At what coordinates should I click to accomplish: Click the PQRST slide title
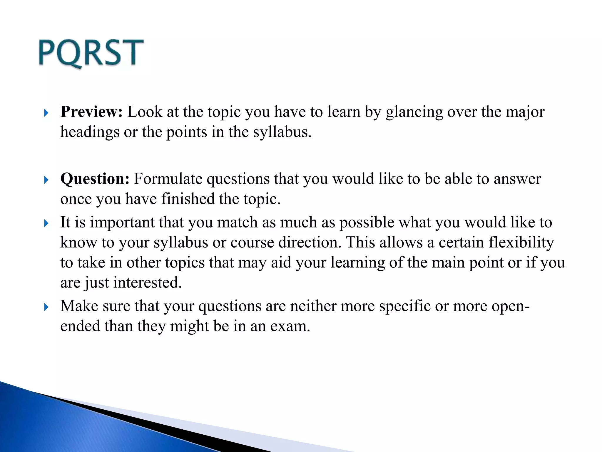point(91,53)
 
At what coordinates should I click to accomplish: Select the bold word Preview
point(91,112)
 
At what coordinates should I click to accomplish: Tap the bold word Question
point(95,179)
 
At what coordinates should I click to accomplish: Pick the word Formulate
point(168,179)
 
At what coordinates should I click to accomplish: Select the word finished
point(188,199)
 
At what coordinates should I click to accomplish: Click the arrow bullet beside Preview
point(46,113)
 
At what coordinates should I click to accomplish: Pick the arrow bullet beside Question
point(46,180)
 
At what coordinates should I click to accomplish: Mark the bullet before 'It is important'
point(46,223)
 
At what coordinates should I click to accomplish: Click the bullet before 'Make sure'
point(46,307)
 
